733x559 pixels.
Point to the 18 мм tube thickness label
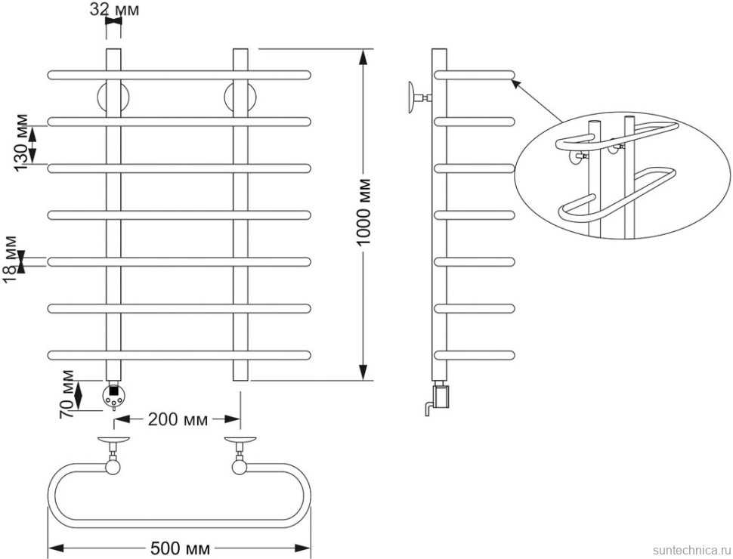(x=11, y=260)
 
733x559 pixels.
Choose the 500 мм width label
(x=180, y=547)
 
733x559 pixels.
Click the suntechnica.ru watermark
(x=684, y=549)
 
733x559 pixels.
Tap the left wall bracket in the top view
(x=113, y=453)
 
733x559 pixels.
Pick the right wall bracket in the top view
(x=240, y=453)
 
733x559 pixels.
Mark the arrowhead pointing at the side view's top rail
(x=515, y=82)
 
